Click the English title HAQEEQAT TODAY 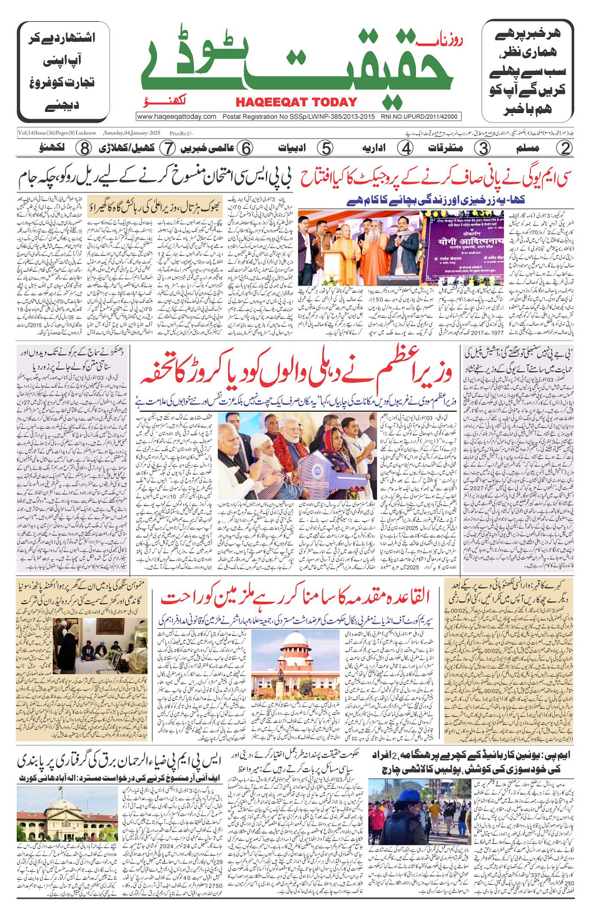coord(296,102)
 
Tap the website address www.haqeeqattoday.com coord(176,116)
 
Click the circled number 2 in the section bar coord(564,148)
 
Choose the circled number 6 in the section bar coord(246,148)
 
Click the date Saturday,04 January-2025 coord(132,133)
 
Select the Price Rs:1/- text coord(181,133)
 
